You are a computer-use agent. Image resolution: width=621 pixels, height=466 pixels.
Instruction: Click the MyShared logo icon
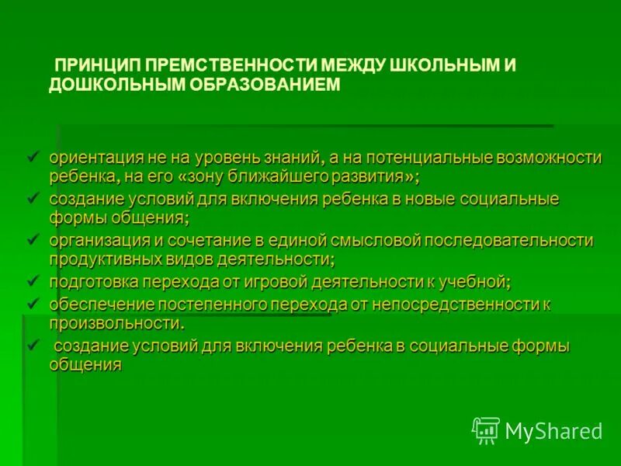click(x=486, y=430)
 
